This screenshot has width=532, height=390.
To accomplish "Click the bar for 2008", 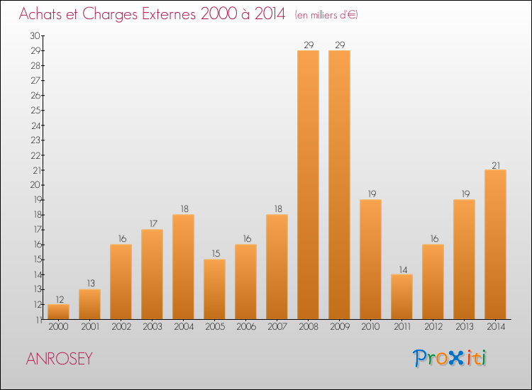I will (x=308, y=184).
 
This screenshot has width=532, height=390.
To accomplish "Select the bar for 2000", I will (x=58, y=311).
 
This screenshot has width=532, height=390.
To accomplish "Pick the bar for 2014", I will (x=495, y=244).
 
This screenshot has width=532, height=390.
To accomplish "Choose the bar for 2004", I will (x=183, y=267).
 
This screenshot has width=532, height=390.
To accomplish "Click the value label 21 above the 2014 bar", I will (x=495, y=165).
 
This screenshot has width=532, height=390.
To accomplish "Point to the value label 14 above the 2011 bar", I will (x=401, y=269).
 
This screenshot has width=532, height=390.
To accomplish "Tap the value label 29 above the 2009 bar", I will (x=339, y=45).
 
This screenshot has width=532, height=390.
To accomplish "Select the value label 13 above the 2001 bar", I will (x=89, y=284).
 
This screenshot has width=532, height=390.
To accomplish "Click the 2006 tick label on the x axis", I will (x=245, y=327).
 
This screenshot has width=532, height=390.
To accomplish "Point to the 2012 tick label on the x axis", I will (x=433, y=327).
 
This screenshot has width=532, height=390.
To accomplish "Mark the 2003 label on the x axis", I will (x=152, y=327).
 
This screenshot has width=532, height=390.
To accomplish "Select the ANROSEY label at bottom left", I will (x=59, y=359).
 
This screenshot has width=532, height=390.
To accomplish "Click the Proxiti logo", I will (x=450, y=358).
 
